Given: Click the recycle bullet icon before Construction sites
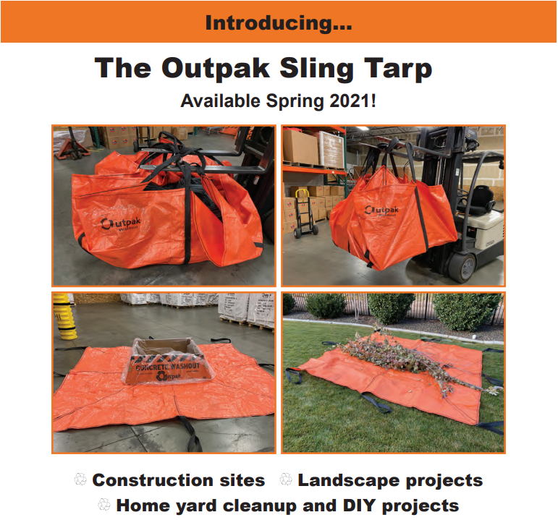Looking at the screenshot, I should coord(80,479).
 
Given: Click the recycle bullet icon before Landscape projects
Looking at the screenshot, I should coord(286,479).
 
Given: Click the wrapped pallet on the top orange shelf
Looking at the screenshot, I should coord(330,148).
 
